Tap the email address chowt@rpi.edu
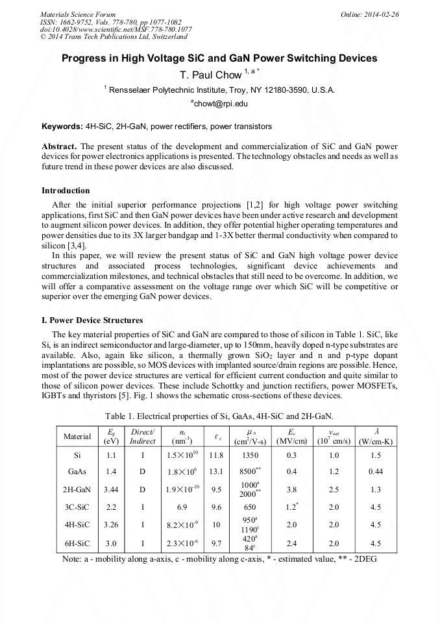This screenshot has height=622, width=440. [219, 103]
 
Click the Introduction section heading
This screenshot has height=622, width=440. [66, 191]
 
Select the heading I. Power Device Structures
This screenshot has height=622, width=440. [92, 320]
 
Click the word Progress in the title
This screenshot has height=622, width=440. [84, 58]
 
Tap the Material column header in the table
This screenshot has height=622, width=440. [77, 437]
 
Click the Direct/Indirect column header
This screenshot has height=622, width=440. [142, 437]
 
